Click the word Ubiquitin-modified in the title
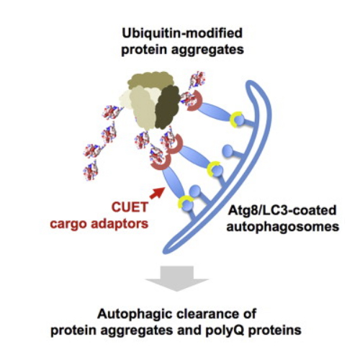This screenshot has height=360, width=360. (x=182, y=33)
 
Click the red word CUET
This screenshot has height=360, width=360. (x=130, y=207)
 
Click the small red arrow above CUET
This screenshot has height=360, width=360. (x=158, y=193)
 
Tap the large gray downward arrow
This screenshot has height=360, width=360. (x=177, y=279)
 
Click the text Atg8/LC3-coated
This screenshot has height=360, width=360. (x=282, y=210)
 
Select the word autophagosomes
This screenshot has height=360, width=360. (x=283, y=228)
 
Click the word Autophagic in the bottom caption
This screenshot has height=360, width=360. (x=133, y=315)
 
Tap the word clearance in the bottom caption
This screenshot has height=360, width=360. (x=206, y=314)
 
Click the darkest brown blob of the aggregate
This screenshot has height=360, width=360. (x=167, y=107)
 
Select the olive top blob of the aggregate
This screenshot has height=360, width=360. (x=150, y=81)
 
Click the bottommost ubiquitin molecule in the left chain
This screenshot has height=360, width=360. (x=91, y=171)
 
